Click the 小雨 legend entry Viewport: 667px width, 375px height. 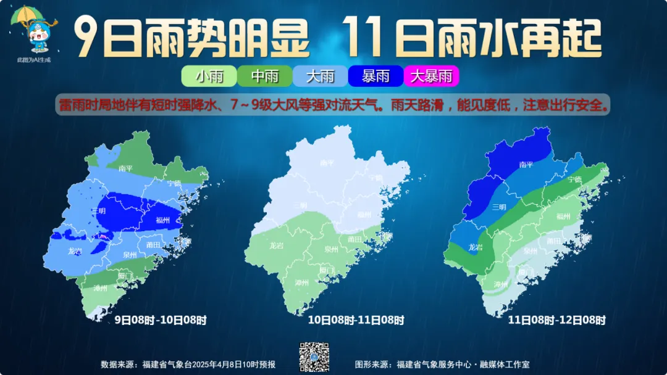pos(209,76)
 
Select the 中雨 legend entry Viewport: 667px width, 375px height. pos(265,76)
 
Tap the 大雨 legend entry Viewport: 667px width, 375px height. pos(320,76)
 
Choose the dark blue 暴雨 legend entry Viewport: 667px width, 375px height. pos(375,76)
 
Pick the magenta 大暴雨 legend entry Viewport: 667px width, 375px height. pos(431,76)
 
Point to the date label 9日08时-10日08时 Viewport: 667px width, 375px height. pos(161,320)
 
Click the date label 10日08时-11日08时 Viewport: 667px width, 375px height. pos(356,320)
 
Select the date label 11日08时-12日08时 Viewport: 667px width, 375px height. pos(556,320)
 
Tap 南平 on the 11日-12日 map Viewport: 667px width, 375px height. pos(526,165)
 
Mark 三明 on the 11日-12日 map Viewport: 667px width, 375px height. pos(499,207)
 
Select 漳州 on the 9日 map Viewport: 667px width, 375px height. pos(100,288)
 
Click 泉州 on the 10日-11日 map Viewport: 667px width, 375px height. pos(332,249)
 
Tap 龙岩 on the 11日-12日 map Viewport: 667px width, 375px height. pos(475,247)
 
